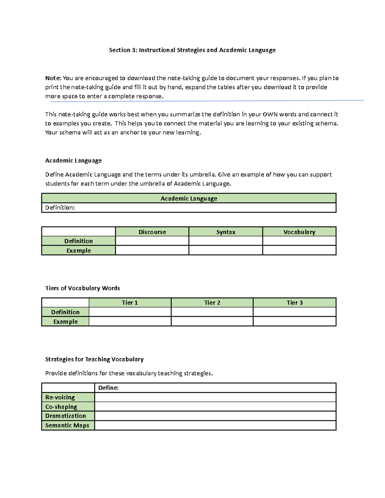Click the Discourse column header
pos(152,232)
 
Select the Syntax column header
pos(226,232)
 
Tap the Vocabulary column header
pos(299,232)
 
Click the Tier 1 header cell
pos(130,303)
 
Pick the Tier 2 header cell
pos(212,303)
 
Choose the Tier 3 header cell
pos(295,303)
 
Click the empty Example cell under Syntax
pos(226,250)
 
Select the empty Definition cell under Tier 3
pos(295,312)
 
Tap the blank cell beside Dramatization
pos(215,416)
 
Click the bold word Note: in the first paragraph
pos(53,78)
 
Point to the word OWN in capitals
pos(270,114)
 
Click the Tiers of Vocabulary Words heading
pos(82,288)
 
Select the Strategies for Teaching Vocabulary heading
pos(94,359)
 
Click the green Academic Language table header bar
pos(189,198)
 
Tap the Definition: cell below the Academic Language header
pos(189,208)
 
